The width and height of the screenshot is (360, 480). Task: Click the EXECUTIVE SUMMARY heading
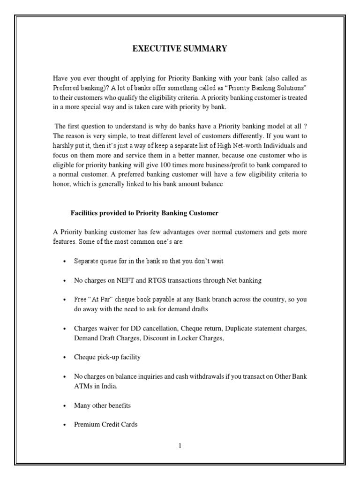[180, 49]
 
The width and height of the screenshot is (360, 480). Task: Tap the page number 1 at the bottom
[180, 446]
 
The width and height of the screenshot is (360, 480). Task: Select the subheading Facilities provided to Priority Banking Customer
[144, 213]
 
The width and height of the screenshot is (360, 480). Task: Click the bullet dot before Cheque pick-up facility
[63, 358]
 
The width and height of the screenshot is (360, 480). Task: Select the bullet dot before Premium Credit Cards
[63, 425]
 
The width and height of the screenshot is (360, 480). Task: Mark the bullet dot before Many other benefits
[63, 406]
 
